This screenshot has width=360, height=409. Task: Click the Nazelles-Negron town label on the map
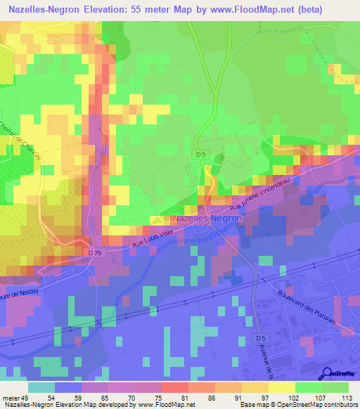(x=207, y=219)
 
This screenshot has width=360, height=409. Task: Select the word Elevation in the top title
(x=123, y=8)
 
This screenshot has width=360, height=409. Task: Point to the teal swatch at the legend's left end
(x=41, y=387)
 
